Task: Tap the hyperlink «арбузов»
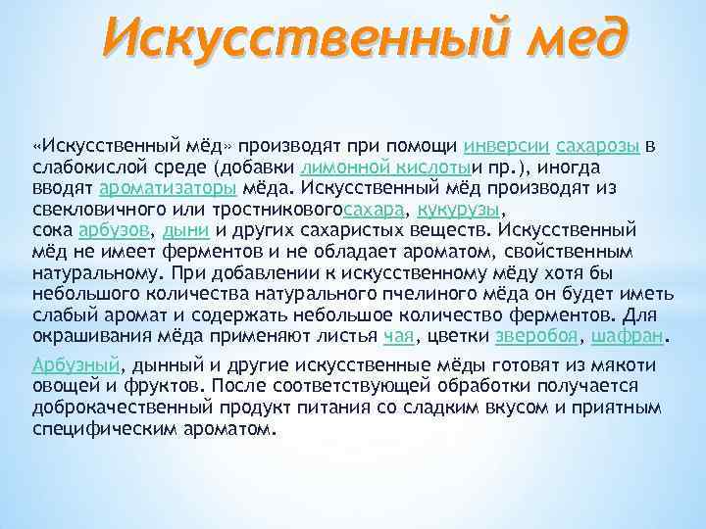[112, 230]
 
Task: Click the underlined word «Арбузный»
[76, 364]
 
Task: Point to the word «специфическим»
[103, 429]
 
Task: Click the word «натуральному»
[95, 273]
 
